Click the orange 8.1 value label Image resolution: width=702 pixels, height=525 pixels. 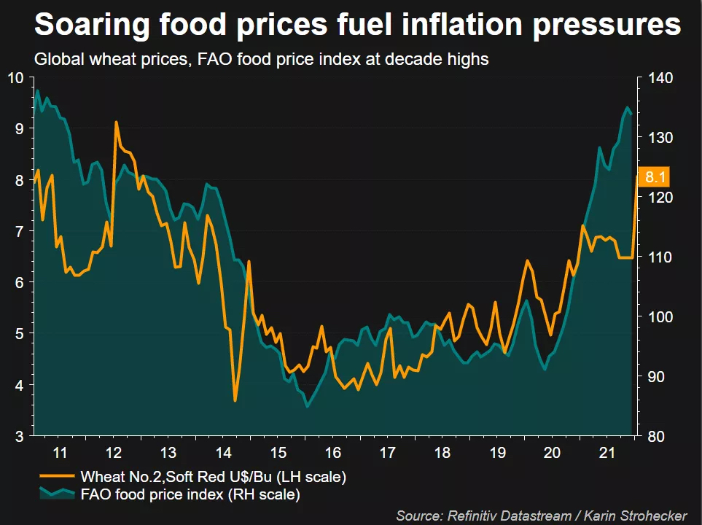tap(653, 176)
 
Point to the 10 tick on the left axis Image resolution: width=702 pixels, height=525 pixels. tap(15, 78)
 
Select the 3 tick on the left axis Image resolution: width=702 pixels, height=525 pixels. tap(20, 436)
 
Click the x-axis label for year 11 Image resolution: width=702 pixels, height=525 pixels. tap(61, 452)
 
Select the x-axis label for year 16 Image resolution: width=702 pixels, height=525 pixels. tap(332, 452)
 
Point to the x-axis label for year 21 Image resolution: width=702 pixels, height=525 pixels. tap(605, 452)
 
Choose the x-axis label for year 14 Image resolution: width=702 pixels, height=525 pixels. tap(224, 452)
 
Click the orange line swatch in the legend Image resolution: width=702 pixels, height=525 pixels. tap(56, 476)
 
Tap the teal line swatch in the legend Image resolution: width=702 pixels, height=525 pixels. tap(56, 494)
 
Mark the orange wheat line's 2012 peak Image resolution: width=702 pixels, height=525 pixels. tap(116, 122)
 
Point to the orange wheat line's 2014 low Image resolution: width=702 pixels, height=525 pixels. tap(235, 400)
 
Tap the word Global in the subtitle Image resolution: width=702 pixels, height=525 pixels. tap(57, 60)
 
